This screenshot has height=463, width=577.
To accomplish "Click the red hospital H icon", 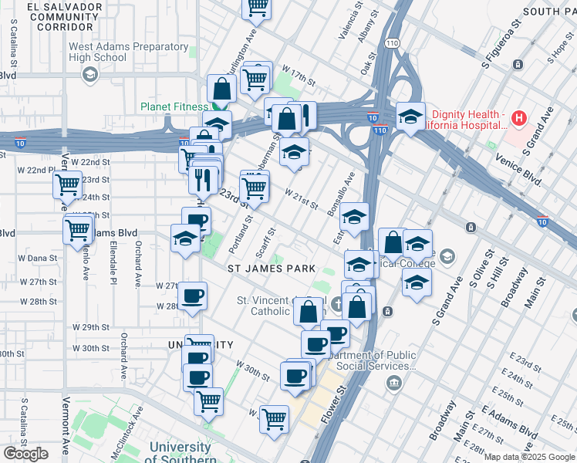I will click(519, 118).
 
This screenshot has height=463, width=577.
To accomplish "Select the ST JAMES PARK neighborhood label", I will click(272, 269).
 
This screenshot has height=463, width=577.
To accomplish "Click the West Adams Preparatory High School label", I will click(128, 52).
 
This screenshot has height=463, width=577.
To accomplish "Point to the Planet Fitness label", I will click(174, 106).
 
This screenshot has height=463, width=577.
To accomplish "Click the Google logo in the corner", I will click(26, 454).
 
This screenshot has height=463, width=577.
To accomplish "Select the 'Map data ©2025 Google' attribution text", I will click(529, 457).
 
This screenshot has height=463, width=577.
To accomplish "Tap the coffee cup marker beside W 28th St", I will click(192, 295).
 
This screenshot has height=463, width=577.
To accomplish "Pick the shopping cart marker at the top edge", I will click(256, 7).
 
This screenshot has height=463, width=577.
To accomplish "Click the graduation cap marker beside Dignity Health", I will click(410, 117).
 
